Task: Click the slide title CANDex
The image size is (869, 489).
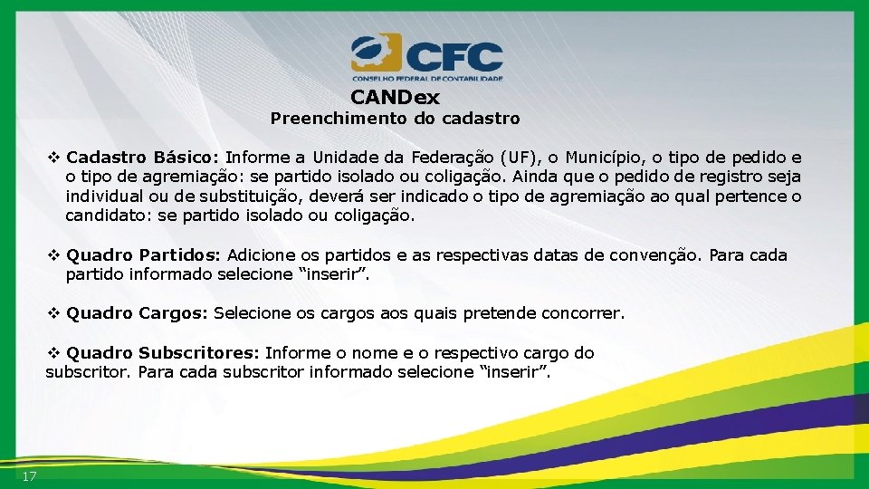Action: [395, 97]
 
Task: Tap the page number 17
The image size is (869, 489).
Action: [30, 476]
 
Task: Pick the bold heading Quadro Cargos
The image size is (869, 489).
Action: [138, 313]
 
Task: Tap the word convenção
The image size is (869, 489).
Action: [646, 255]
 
